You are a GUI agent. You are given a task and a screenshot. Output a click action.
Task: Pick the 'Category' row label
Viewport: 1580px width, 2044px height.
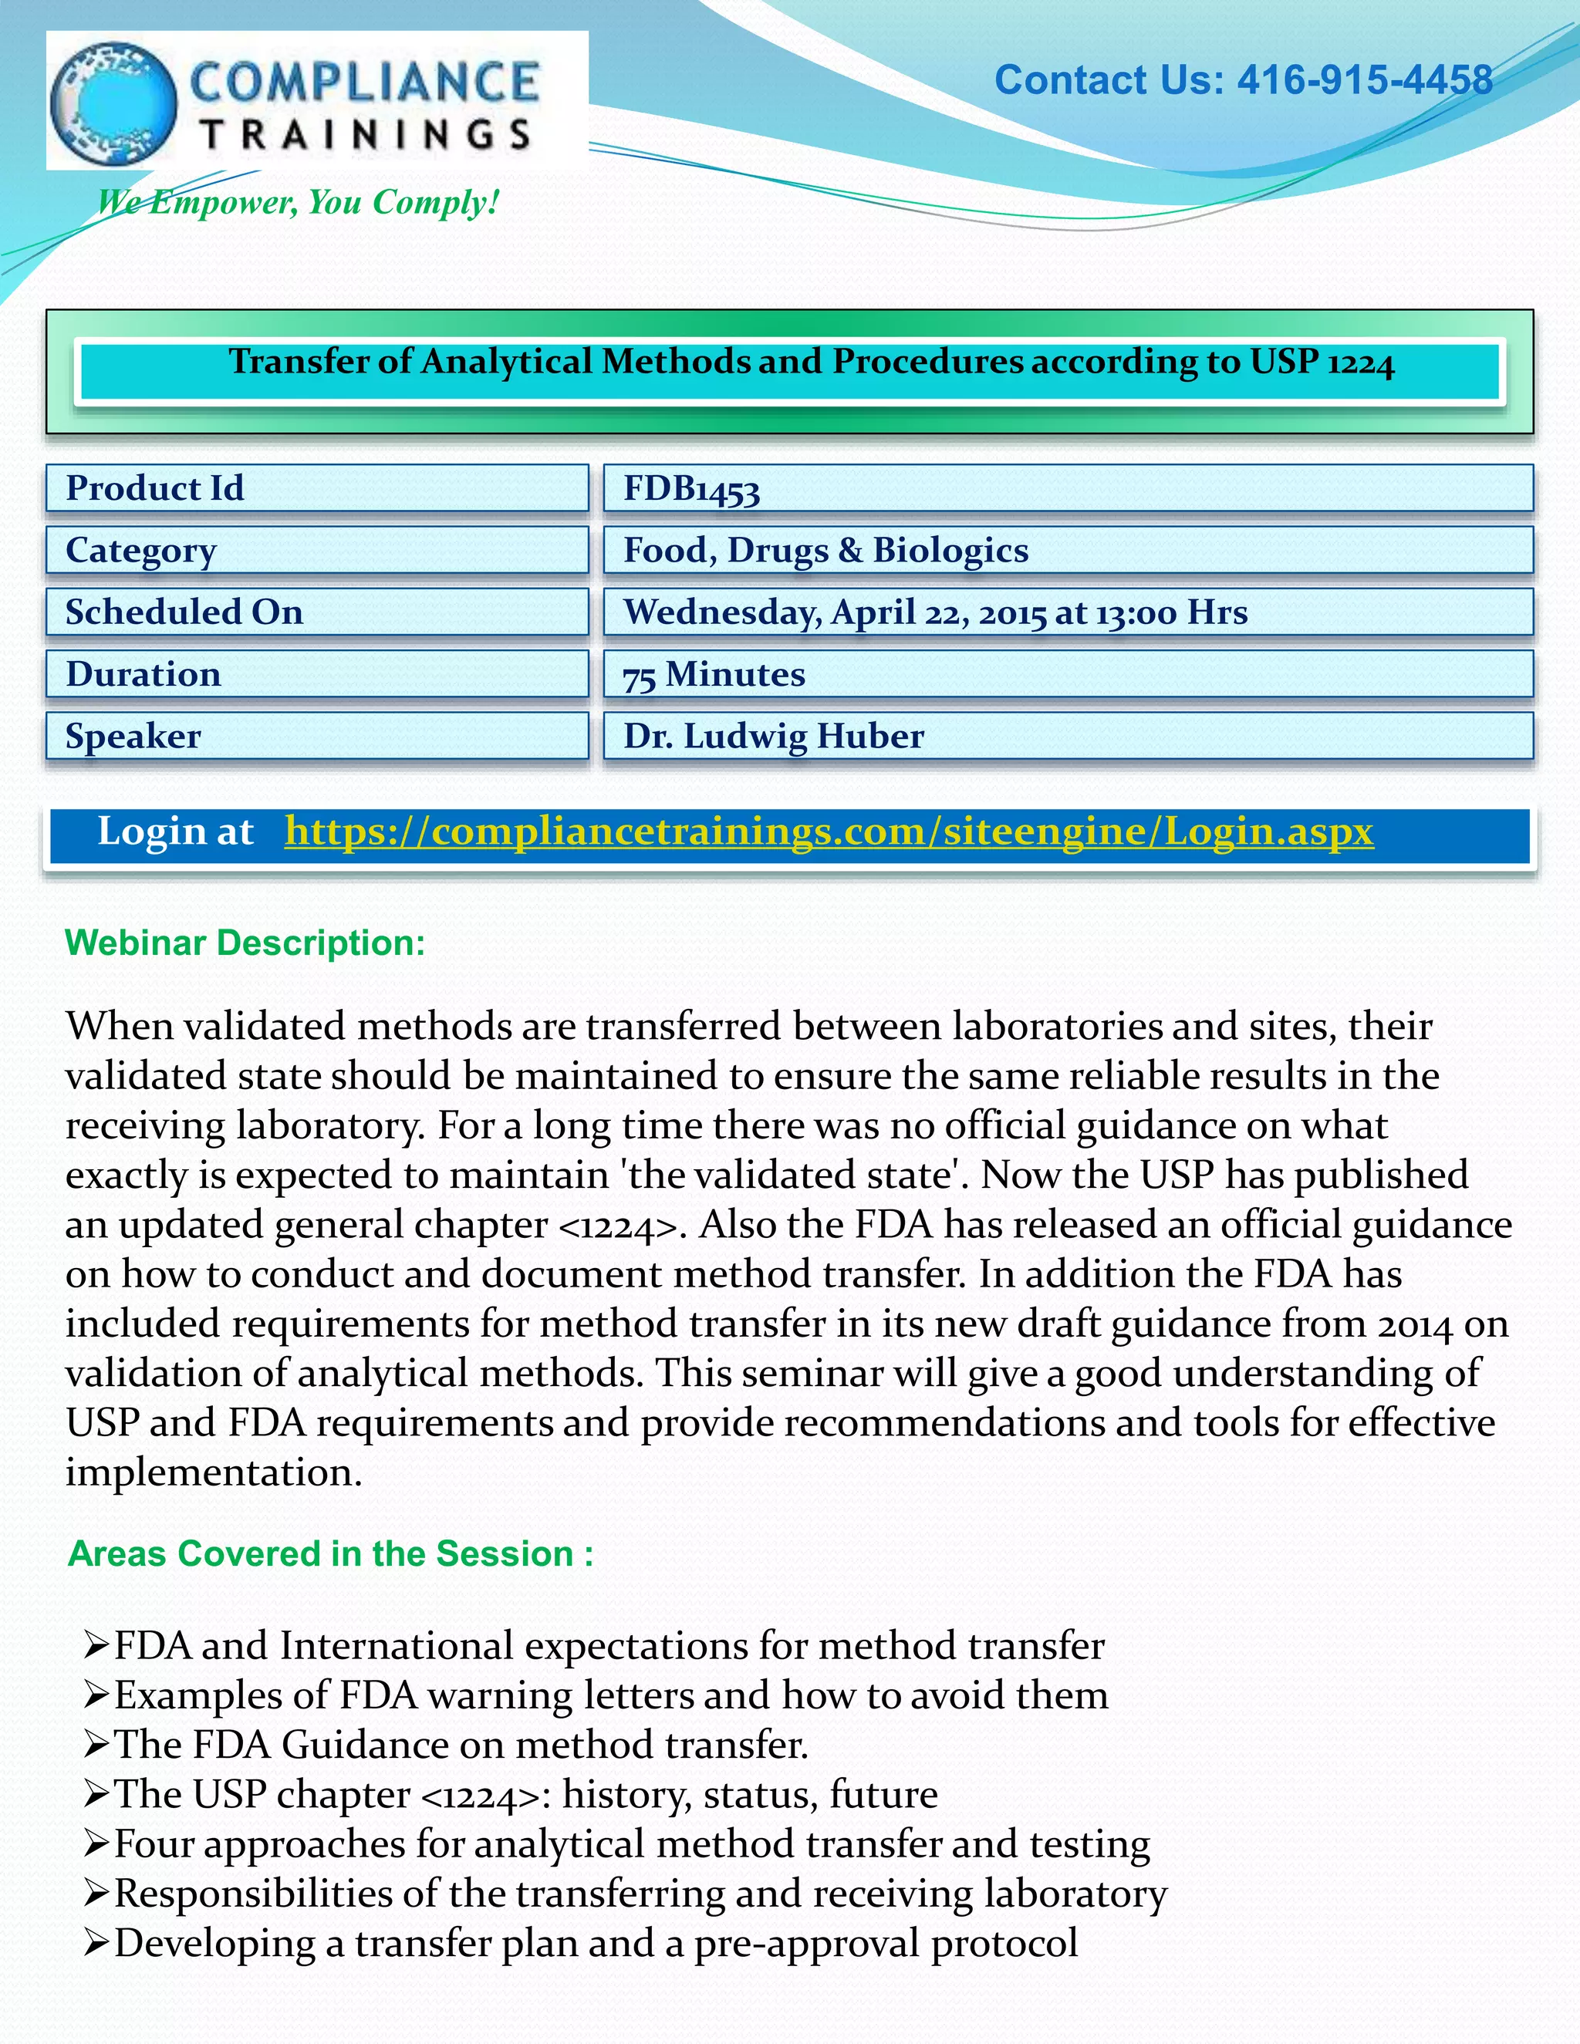tap(141, 550)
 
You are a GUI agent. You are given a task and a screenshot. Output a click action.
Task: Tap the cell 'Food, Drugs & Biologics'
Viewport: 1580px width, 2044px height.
tap(825, 550)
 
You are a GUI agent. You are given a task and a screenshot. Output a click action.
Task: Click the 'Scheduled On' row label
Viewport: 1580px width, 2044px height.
tap(184, 612)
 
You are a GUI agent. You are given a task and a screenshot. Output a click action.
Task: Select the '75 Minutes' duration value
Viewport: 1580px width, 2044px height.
tap(714, 675)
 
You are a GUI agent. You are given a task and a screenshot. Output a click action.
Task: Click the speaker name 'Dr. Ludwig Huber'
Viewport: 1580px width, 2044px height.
tap(773, 737)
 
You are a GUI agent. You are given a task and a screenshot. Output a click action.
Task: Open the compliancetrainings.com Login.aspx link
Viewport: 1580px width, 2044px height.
tap(829, 831)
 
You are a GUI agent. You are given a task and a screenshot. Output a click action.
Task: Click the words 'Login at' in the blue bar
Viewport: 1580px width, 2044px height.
tap(176, 831)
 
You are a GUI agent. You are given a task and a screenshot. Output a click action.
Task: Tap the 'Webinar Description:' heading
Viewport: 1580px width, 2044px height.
tap(245, 943)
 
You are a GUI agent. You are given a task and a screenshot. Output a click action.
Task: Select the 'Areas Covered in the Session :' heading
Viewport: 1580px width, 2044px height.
tap(330, 1553)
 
